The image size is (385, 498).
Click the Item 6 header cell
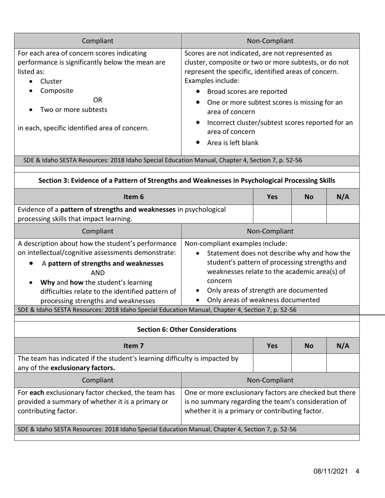(134, 197)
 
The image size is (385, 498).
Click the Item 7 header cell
(134, 346)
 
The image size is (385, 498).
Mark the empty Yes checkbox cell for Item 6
(272, 214)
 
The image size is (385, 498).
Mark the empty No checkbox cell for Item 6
(309, 214)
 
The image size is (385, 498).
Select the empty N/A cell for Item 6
(343, 214)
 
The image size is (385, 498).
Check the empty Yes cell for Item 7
(272, 363)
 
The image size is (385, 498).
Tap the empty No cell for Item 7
(309, 363)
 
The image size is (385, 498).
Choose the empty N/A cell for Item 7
(343, 363)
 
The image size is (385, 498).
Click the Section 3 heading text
(186, 180)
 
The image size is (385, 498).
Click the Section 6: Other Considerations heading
(186, 329)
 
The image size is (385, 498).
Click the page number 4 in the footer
(357, 471)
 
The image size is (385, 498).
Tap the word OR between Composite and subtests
(98, 100)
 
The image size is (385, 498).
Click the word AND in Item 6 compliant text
(98, 272)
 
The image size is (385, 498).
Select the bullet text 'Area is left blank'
(232, 143)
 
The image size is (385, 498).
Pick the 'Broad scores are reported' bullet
(247, 91)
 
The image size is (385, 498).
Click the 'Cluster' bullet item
(51, 81)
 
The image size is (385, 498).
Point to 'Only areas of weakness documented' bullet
(263, 300)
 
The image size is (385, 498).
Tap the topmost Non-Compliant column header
(270, 40)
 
